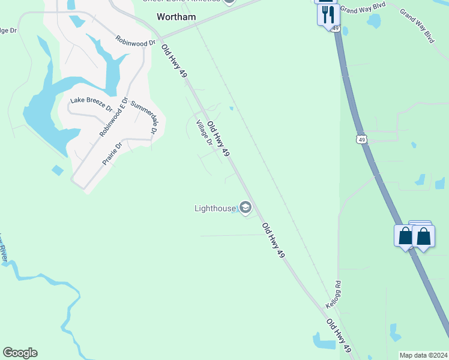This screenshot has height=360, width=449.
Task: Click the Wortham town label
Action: click(x=176, y=17)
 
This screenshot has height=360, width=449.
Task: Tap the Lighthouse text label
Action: click(x=215, y=208)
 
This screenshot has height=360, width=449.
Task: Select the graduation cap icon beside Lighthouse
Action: click(x=245, y=208)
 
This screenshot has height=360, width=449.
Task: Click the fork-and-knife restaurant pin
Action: click(x=327, y=14)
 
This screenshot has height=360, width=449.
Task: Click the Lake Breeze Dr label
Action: click(x=91, y=104)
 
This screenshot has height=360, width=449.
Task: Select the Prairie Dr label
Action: click(x=112, y=153)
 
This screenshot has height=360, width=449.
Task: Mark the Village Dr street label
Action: click(x=205, y=133)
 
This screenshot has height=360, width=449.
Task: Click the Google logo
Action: click(x=20, y=353)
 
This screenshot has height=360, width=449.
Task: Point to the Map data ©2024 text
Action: click(x=423, y=355)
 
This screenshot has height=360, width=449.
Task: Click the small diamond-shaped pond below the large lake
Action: click(x=58, y=170)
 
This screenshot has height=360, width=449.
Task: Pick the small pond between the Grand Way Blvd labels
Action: click(x=374, y=21)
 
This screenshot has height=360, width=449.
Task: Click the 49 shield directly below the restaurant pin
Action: click(x=334, y=28)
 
